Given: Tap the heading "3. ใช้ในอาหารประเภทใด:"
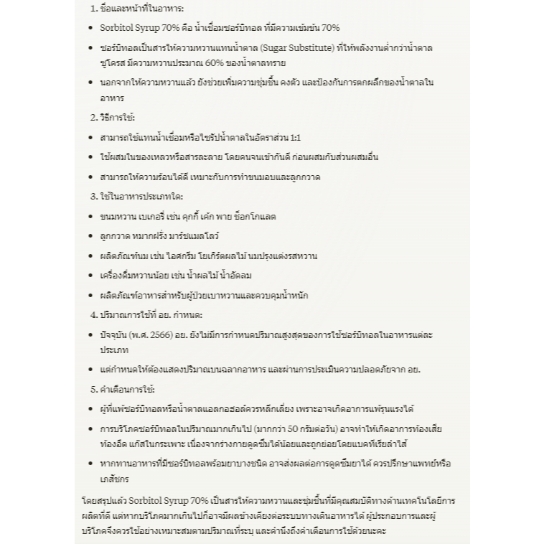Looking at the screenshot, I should (136, 196).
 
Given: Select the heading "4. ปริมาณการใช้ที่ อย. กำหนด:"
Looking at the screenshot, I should (146, 314).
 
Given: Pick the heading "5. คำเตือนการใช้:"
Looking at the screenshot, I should (123, 389).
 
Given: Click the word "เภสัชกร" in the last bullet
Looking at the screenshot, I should (115, 478).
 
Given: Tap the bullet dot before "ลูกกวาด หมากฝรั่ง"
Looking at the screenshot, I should (91, 236).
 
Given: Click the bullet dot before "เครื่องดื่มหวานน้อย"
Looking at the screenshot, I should (91, 276).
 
